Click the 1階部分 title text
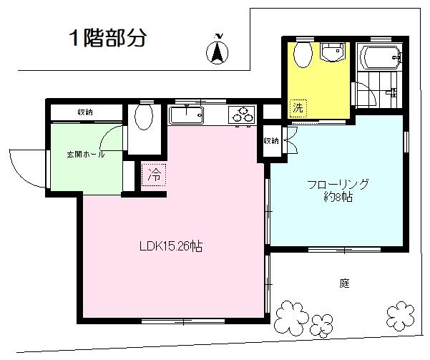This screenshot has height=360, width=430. (108, 38)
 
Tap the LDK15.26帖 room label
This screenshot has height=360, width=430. (171, 246)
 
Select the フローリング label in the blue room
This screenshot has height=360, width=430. (338, 184)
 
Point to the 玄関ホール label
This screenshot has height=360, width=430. (86, 155)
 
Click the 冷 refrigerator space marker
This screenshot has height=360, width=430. (154, 175)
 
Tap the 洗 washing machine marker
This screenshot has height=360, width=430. (298, 107)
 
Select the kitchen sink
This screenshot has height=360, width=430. (186, 115)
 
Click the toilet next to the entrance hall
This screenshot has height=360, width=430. (144, 116)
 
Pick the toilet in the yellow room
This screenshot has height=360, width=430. (303, 54)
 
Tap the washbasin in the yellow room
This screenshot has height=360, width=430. (333, 52)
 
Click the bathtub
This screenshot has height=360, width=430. (380, 58)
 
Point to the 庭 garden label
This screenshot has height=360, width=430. (344, 283)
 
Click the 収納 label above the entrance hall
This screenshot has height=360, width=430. (85, 112)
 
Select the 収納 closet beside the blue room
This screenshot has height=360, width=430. (271, 141)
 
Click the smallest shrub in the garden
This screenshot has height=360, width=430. (322, 326)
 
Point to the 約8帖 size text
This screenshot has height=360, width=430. (338, 197)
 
